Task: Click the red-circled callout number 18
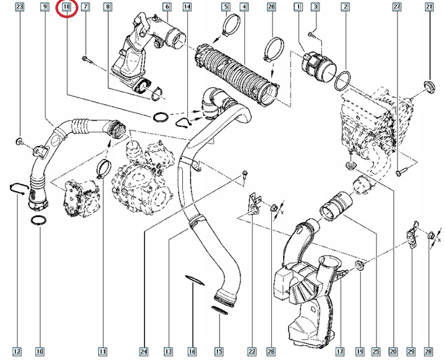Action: [66, 8]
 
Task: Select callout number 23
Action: [20, 7]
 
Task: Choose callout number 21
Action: [429, 7]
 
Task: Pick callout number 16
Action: [192, 352]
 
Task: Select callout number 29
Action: [412, 352]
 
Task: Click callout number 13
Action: [167, 352]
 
